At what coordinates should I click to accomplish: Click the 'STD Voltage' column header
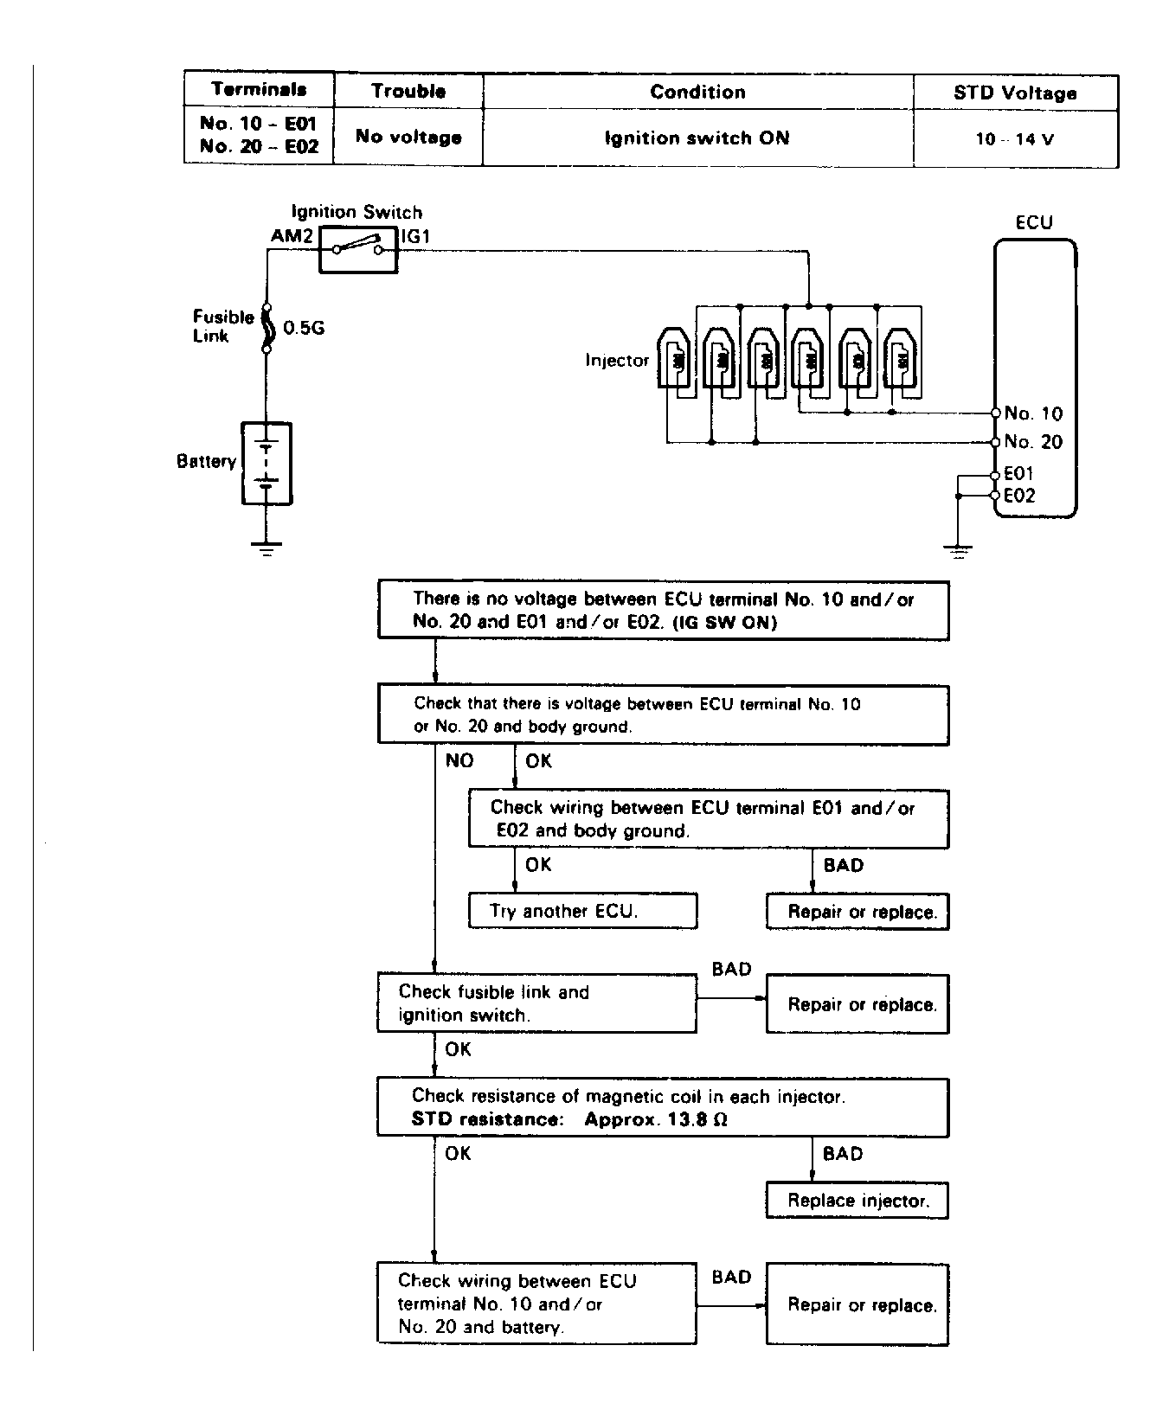click(x=1015, y=93)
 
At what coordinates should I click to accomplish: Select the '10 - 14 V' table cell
click(x=1015, y=139)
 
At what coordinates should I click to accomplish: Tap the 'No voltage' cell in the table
click(x=408, y=137)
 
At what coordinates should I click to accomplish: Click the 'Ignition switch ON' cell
click(x=697, y=138)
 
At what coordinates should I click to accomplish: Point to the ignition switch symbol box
click(x=358, y=250)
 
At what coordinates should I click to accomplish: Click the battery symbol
click(x=267, y=464)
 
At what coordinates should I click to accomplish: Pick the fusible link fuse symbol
click(x=267, y=328)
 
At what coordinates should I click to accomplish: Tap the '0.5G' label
click(x=304, y=328)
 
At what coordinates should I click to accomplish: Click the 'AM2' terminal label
click(x=292, y=236)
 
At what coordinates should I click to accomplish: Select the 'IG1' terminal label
click(x=415, y=236)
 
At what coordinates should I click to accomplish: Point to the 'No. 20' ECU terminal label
click(x=1033, y=442)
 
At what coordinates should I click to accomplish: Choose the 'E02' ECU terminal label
click(x=1018, y=496)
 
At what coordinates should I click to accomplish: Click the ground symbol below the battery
click(x=267, y=547)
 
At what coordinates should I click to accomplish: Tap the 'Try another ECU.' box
click(x=582, y=911)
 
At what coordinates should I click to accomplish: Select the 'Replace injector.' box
click(x=857, y=1201)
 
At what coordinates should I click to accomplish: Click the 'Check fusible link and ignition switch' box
click(x=536, y=1003)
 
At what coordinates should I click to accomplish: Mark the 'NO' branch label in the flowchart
click(x=459, y=760)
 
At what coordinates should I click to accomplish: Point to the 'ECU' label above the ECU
click(x=1034, y=222)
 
